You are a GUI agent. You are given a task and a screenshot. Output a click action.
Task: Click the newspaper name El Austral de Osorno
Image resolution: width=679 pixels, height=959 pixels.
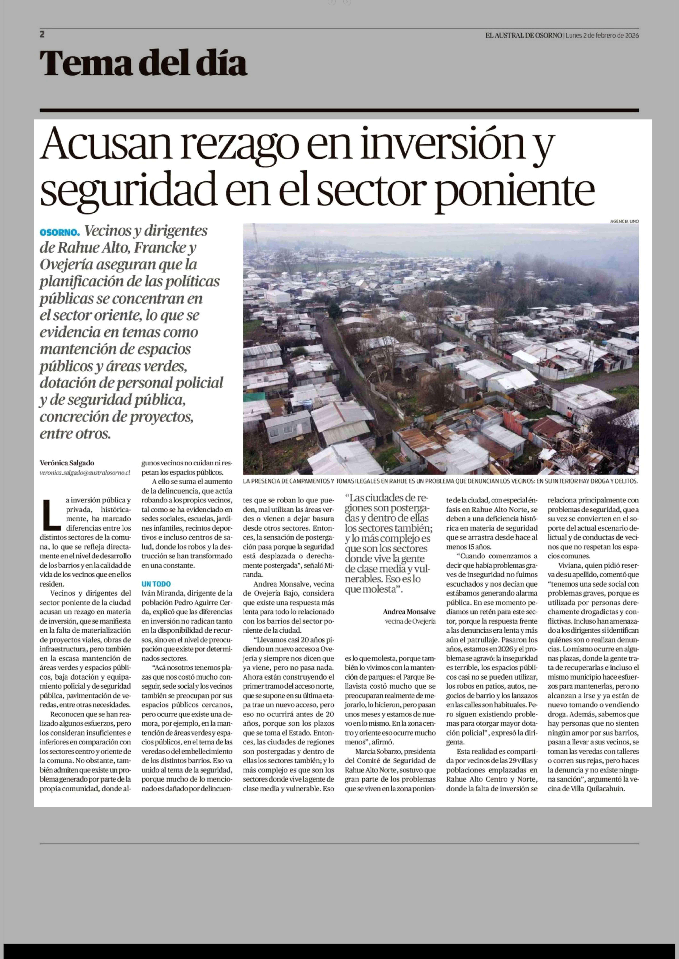tap(523, 35)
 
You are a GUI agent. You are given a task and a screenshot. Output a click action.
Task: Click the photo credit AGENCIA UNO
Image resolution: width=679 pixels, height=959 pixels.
tap(624, 221)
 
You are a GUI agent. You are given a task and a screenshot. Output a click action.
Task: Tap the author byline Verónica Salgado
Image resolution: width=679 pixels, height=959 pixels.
tap(67, 463)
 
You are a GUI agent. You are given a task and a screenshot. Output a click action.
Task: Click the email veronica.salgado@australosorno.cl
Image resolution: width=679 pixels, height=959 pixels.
tap(85, 473)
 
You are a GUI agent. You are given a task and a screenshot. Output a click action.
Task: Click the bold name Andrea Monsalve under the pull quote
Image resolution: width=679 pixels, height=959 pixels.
tap(409, 612)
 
